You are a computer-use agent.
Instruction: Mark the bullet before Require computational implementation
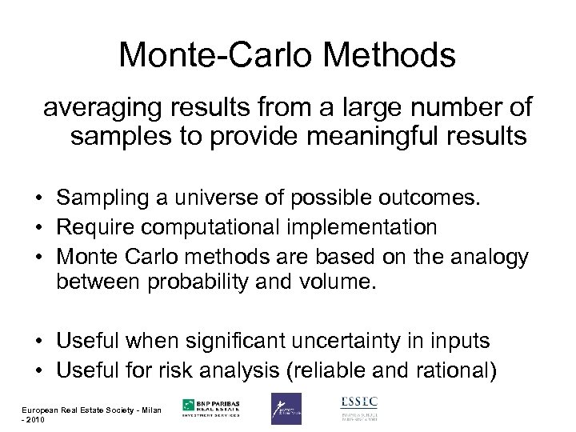coord(38,227)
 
